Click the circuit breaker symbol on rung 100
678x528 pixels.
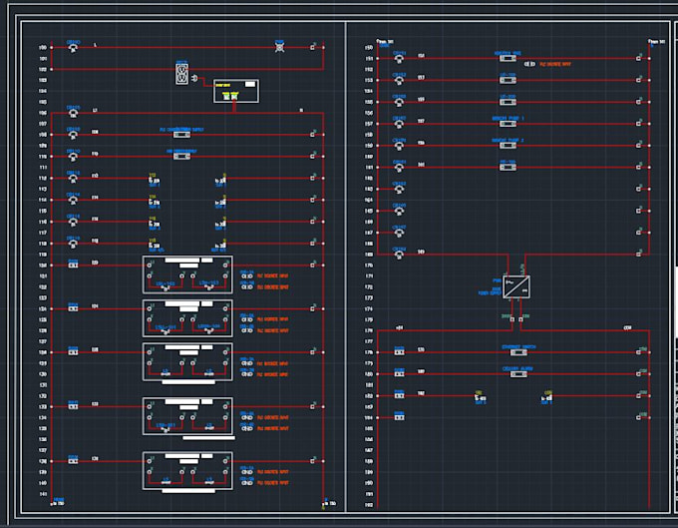(73, 47)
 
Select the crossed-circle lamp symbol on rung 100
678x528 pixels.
(280, 47)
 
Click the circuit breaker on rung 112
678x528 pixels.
(73, 178)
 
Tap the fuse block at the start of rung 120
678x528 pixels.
(73, 265)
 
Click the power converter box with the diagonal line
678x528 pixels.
(516, 286)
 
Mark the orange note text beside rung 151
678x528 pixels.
(555, 62)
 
